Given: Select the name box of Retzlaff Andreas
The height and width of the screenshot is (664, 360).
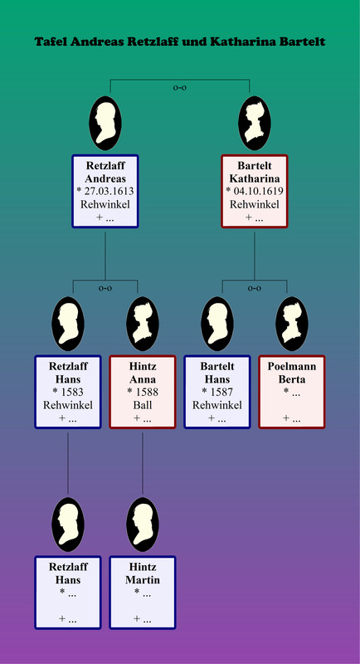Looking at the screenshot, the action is tap(105, 192).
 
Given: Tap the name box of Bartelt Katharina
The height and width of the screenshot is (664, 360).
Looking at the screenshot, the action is tap(255, 192).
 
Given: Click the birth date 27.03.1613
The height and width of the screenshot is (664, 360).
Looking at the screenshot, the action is tap(109, 192).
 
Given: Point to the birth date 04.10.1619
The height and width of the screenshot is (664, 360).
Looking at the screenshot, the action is tap(258, 192).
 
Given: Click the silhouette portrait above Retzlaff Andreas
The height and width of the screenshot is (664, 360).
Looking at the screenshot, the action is tap(105, 123).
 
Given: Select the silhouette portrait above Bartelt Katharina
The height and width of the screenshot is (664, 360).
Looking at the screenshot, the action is tap(255, 123).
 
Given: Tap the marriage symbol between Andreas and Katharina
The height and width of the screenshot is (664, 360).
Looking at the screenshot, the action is tap(180, 88).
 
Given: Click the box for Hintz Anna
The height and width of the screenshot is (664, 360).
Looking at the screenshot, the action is tap(143, 392).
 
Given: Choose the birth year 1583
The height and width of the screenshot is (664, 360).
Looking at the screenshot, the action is tap(71, 392).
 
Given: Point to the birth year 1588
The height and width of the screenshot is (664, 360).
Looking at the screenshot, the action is tap(146, 392).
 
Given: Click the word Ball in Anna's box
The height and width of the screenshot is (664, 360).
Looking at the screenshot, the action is tap(143, 405).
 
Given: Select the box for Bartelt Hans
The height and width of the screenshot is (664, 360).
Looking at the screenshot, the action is tap(217, 392).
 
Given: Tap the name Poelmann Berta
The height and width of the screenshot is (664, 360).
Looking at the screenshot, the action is tap(292, 373).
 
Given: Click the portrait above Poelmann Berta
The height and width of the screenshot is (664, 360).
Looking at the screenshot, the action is tap(292, 324).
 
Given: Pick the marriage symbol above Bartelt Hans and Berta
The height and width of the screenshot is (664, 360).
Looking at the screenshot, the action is tap(255, 288).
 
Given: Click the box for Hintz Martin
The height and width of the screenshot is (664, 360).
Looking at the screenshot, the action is tap(143, 593).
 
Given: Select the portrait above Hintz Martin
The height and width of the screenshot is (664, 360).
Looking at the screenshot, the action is tap(143, 525).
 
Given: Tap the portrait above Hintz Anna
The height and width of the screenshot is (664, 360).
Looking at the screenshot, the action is tap(143, 324).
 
